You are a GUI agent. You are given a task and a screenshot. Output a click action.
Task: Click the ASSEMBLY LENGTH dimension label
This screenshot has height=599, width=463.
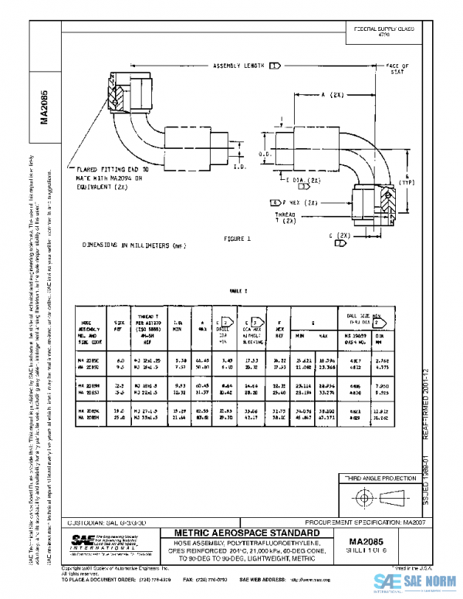tap(239, 67)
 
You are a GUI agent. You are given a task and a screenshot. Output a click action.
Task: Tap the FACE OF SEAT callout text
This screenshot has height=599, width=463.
tap(397, 69)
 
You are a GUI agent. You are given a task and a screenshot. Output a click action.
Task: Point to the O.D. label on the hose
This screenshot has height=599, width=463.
tap(262, 154)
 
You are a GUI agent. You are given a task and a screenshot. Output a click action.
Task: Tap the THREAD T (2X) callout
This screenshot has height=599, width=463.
tap(286, 218)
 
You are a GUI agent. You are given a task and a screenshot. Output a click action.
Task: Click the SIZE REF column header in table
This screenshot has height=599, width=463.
tap(120, 322)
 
